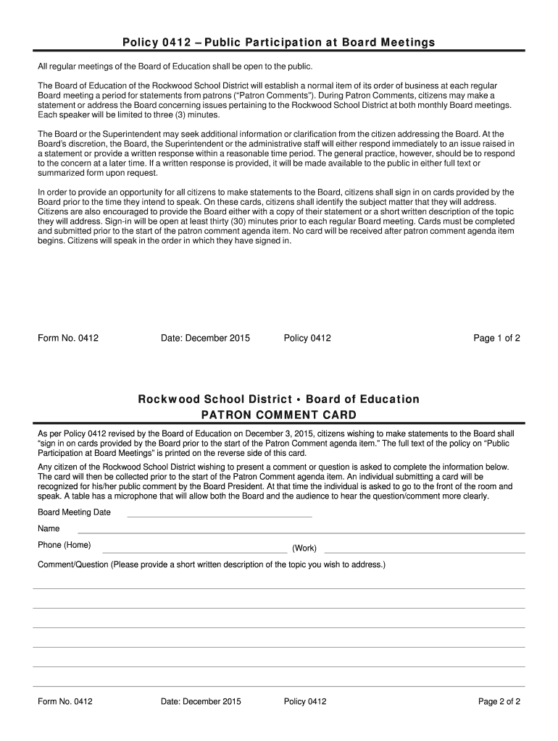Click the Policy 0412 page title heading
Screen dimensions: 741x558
[278, 42]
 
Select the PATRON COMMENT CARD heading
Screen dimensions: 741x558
[278, 415]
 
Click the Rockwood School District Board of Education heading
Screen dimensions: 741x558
[278, 399]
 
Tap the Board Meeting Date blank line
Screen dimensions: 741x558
[219, 516]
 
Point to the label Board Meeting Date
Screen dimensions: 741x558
[74, 512]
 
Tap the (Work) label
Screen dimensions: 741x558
[304, 548]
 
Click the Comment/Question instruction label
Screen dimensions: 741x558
[212, 564]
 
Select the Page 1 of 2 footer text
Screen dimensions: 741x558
[496, 338]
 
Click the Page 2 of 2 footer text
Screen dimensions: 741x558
[499, 701]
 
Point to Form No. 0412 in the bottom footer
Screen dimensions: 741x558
[65, 701]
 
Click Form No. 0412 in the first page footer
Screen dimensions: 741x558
[68, 338]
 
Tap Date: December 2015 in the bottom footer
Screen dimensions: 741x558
[201, 701]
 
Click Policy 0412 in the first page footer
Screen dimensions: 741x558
[307, 338]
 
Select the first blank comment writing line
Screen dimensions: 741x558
[278, 588]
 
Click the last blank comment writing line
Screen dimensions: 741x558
[278, 685]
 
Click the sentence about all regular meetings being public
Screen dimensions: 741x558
[175, 67]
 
